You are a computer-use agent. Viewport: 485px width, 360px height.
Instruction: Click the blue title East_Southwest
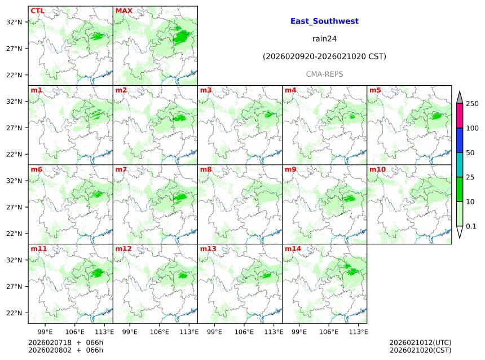point(324,21)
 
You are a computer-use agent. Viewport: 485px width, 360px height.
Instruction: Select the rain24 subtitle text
point(324,39)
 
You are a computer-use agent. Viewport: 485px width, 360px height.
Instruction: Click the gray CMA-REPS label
point(324,74)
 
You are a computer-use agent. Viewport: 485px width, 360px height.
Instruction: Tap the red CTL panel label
point(37,11)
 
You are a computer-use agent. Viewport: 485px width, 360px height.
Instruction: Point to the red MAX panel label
point(124,11)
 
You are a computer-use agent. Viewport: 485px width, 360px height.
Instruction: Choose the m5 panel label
point(375,90)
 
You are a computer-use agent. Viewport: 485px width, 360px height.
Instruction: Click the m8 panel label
point(206,169)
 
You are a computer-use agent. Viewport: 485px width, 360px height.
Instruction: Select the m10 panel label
point(377,169)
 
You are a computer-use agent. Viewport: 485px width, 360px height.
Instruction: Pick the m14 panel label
point(293,249)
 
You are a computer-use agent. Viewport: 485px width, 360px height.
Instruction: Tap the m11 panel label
point(39,249)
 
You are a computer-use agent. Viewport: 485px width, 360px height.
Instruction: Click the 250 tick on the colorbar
point(472,104)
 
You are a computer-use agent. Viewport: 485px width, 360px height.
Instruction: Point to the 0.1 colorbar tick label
point(471,226)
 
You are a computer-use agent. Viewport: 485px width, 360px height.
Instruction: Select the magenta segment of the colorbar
point(460,116)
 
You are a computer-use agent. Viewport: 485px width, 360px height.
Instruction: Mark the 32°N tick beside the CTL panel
point(14,22)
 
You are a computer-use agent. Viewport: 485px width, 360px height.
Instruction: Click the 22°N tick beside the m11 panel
point(14,313)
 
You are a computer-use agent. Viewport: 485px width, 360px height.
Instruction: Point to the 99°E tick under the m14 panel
point(299,331)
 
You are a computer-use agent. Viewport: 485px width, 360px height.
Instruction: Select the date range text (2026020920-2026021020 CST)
point(324,56)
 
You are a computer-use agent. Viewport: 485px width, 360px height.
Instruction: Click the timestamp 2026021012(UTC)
point(420,343)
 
